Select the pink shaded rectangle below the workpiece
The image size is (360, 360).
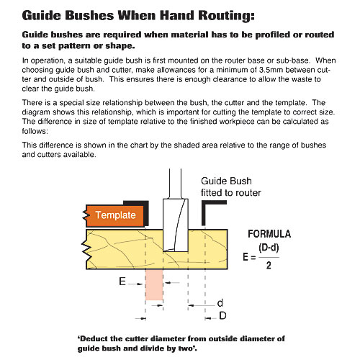(x=154, y=285)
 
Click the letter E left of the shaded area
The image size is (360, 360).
(x=123, y=284)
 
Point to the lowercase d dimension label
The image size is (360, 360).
(x=219, y=302)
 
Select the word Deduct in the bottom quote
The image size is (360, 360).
(x=98, y=338)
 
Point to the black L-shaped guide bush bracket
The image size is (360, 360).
(x=212, y=207)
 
